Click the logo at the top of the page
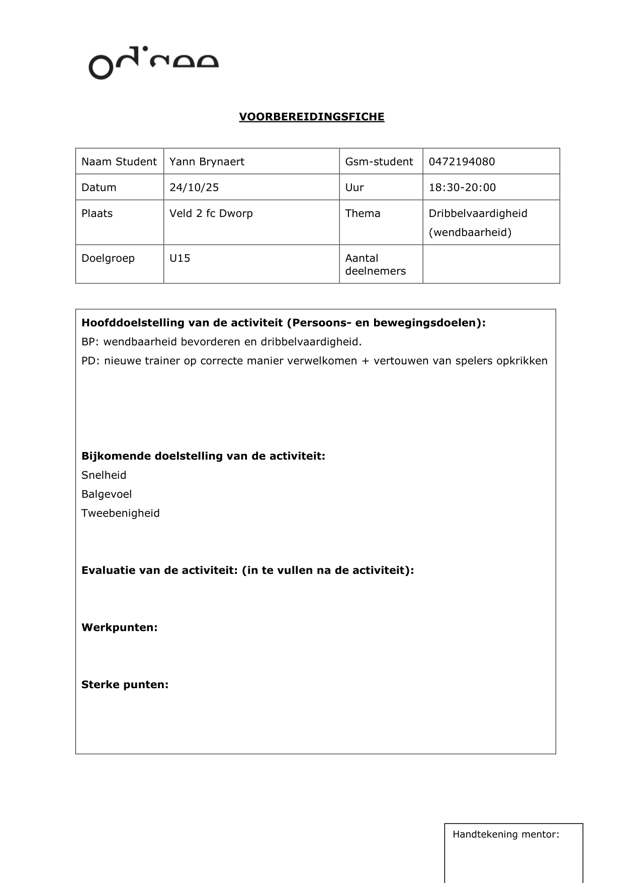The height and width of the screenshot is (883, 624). click(x=153, y=63)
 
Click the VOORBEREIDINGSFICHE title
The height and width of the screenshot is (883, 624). click(x=311, y=117)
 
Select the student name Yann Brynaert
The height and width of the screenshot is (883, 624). click(x=207, y=162)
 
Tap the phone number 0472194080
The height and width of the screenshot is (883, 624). click(x=462, y=162)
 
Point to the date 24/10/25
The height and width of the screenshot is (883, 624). click(x=194, y=187)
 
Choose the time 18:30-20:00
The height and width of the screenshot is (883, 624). click(x=462, y=187)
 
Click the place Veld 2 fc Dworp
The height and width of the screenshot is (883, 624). click(x=211, y=213)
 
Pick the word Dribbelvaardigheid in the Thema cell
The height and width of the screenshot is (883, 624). click(x=478, y=213)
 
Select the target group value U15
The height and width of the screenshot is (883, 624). click(x=180, y=258)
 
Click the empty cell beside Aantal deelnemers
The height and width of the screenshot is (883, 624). click(x=491, y=264)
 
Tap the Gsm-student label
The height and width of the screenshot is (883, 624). click(x=379, y=162)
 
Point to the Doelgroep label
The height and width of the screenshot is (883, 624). click(x=108, y=258)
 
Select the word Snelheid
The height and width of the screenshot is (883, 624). click(x=104, y=475)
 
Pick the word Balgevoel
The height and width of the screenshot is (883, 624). click(x=106, y=494)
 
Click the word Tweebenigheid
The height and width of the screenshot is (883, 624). click(x=120, y=513)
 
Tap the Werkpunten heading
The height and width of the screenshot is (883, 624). click(x=119, y=628)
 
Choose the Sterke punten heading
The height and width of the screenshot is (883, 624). click(x=125, y=685)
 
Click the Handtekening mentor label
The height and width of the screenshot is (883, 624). click(x=505, y=834)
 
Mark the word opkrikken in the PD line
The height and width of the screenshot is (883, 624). click(x=523, y=361)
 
